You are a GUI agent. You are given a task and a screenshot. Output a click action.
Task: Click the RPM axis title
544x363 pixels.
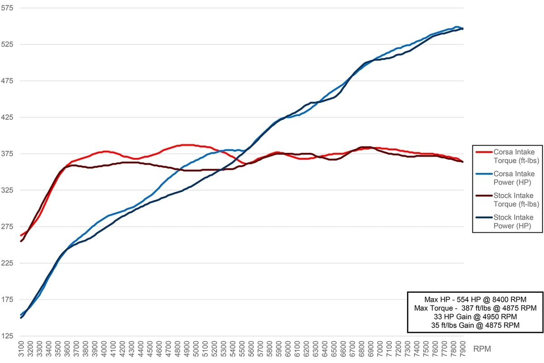(482, 349)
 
